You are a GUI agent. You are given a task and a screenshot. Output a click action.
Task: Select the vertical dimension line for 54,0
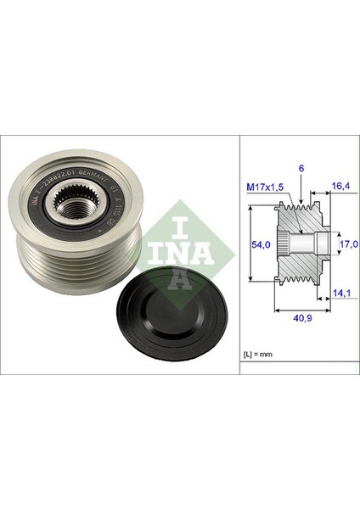(253, 244)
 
